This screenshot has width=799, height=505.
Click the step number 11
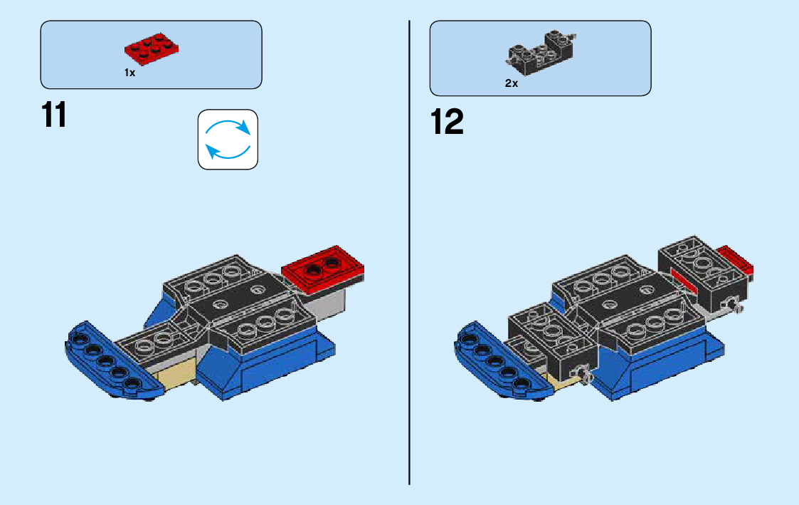tap(54, 115)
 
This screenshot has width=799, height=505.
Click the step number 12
tap(447, 123)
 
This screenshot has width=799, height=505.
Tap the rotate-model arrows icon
tap(228, 139)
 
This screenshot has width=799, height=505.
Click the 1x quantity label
tap(129, 73)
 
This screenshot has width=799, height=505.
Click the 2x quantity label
tap(512, 83)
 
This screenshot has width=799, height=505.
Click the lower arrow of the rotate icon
tap(227, 151)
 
